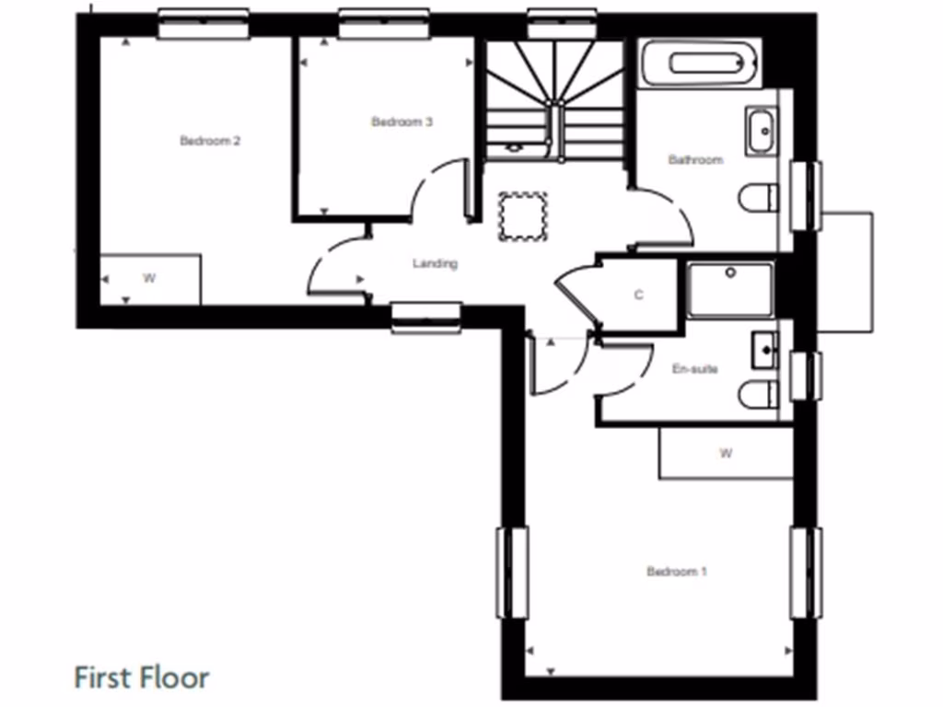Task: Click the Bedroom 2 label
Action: [x=210, y=141]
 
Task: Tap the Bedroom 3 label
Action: [x=402, y=122]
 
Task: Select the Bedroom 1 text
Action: [x=677, y=572]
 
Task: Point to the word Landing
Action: [x=435, y=264]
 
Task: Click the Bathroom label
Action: [x=695, y=159]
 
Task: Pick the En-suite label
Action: [x=695, y=369]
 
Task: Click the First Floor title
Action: [x=142, y=678]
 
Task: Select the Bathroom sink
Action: [x=762, y=131]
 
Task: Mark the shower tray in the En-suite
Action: [x=730, y=289]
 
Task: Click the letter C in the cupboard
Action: [x=638, y=296]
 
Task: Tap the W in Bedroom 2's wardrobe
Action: [x=147, y=278]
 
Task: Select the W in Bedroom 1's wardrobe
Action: [x=726, y=453]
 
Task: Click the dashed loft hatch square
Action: [x=522, y=216]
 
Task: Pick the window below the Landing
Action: [x=425, y=318]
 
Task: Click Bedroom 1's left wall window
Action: [x=513, y=572]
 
